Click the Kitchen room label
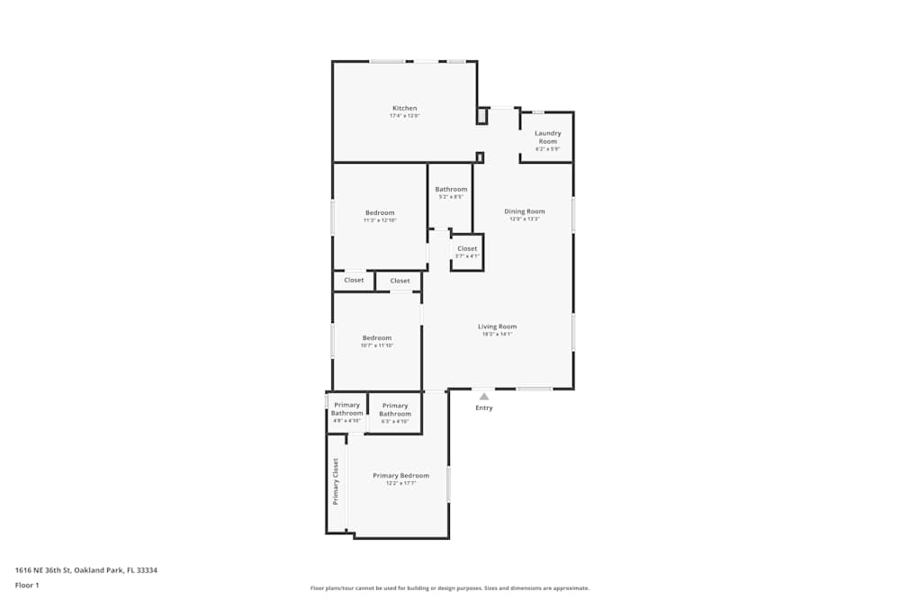coord(404,108)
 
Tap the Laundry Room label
coord(548,138)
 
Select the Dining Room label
coord(525,211)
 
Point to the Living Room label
coord(497,327)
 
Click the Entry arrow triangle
coord(484,396)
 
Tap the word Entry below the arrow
coord(484,407)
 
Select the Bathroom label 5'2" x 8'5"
coord(451,189)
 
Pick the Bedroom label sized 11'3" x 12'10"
coord(380,213)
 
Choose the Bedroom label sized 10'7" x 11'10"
coord(377,338)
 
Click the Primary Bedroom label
coord(401,475)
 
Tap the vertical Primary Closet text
coord(336,481)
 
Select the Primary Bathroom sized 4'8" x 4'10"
coord(346,409)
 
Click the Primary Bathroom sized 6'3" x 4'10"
coord(395,409)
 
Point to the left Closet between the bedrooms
coord(354,280)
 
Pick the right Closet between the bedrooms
coord(400,281)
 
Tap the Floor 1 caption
coord(27,585)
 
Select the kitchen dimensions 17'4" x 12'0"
coord(404,116)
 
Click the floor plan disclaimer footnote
coord(450,587)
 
